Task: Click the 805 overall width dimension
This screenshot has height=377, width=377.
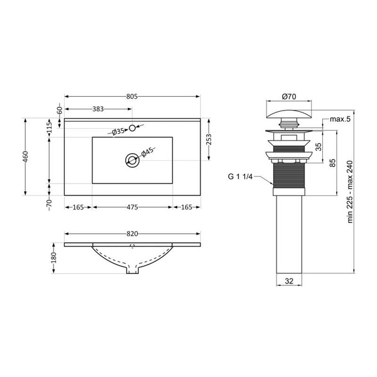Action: [132, 96]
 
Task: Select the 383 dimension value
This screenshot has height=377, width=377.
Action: [98, 109]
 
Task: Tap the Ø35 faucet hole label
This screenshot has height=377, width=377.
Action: [118, 131]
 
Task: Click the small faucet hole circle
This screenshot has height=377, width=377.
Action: [132, 128]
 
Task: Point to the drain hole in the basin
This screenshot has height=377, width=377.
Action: [132, 160]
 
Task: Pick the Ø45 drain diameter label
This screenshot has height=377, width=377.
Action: [147, 152]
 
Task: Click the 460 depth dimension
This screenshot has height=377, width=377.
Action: [26, 156]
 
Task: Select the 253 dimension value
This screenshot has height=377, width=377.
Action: [209, 139]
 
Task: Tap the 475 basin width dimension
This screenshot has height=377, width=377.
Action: [132, 207]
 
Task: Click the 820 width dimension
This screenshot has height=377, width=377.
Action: [132, 234]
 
